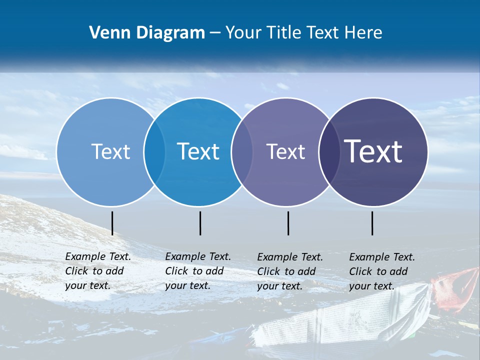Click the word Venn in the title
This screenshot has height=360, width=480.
coord(108,33)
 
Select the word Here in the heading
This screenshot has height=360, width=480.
coord(363,33)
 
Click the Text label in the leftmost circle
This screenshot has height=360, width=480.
coord(110,151)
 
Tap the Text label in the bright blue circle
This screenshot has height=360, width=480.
coord(198,151)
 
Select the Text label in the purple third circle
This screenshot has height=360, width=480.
coord(285,151)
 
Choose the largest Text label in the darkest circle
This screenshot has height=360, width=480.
coord(373,151)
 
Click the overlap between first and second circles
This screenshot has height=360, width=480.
coord(154,152)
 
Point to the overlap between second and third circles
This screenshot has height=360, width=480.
coord(241,152)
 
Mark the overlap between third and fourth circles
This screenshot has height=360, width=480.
coord(329,152)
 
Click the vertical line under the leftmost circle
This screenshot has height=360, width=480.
coord(112,223)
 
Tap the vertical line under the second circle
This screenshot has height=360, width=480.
coord(200,223)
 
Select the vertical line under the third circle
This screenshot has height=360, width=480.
coord(288,223)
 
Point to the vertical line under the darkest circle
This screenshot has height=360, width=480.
coord(372,223)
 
